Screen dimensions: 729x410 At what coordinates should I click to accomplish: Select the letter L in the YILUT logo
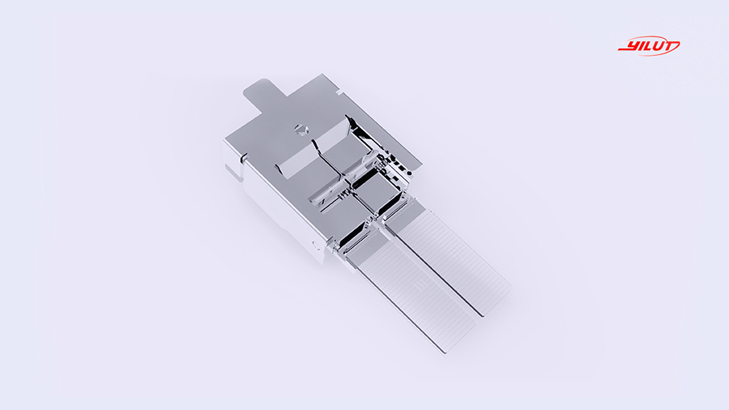[647, 46]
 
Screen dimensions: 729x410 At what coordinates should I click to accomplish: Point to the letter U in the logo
[659, 46]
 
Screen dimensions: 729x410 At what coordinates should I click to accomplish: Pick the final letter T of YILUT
[672, 45]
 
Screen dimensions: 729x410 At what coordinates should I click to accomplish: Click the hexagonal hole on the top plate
[301, 129]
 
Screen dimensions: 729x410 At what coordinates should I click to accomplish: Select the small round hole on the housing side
[316, 245]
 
